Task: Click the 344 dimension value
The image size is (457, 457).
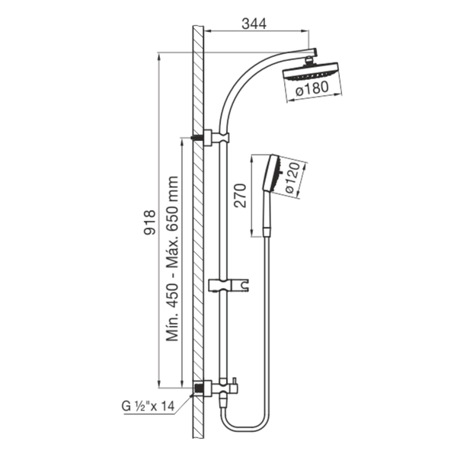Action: pyautogui.click(x=254, y=24)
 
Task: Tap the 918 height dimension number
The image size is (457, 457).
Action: pyautogui.click(x=150, y=222)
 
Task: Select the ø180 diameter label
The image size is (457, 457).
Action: pyautogui.click(x=312, y=88)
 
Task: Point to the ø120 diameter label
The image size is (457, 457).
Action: pyautogui.click(x=293, y=177)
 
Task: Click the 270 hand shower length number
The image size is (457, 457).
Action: pyautogui.click(x=241, y=195)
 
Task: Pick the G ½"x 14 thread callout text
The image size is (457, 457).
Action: pyautogui.click(x=148, y=406)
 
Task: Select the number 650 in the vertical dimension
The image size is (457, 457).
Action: pyautogui.click(x=172, y=216)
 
